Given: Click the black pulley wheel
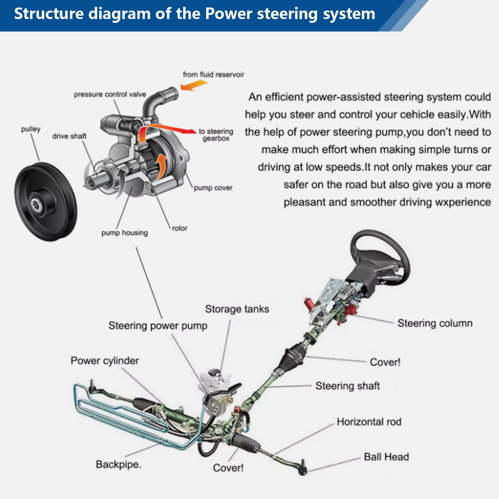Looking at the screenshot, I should (x=46, y=202).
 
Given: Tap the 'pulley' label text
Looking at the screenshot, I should (x=31, y=129).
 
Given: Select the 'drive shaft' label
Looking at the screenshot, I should (x=69, y=136).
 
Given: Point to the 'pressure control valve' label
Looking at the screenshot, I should (x=110, y=94).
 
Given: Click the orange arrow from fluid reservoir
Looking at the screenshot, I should (x=194, y=85).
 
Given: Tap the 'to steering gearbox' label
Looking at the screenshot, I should (x=216, y=135).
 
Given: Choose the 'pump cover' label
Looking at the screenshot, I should (x=213, y=188).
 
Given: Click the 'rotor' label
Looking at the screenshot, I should (x=180, y=228).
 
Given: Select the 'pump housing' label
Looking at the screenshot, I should (x=124, y=233).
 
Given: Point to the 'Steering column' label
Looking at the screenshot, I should (x=435, y=323).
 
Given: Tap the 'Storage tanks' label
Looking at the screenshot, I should (x=237, y=309).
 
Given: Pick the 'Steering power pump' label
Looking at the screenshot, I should (x=158, y=326).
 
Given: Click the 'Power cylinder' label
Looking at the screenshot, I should (x=105, y=361).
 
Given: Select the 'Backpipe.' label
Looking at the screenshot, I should (x=119, y=464).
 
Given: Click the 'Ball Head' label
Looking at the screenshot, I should (x=386, y=457).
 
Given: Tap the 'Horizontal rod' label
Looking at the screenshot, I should (x=369, y=422).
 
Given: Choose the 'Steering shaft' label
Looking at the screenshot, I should (x=347, y=386).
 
